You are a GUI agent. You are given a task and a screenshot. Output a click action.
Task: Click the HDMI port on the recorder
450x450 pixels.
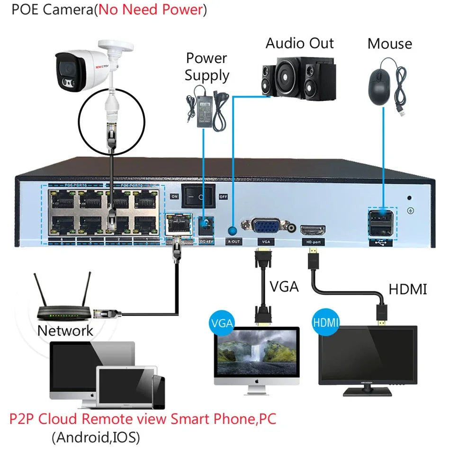(313, 231)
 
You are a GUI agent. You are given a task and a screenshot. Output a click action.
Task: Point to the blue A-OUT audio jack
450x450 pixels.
(232, 231)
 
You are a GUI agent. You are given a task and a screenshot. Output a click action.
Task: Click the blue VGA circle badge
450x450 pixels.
(222, 324)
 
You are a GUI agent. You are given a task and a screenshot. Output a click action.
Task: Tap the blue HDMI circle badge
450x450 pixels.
(326, 324)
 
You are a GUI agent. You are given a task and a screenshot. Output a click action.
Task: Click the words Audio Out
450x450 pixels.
(299, 43)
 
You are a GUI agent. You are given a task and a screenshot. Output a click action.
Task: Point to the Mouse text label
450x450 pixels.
(389, 44)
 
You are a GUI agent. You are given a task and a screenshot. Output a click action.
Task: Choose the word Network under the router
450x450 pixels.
(65, 331)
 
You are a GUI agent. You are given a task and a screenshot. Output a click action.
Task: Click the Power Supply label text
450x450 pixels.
(207, 67)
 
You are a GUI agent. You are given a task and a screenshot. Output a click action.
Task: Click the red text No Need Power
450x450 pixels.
(150, 10)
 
